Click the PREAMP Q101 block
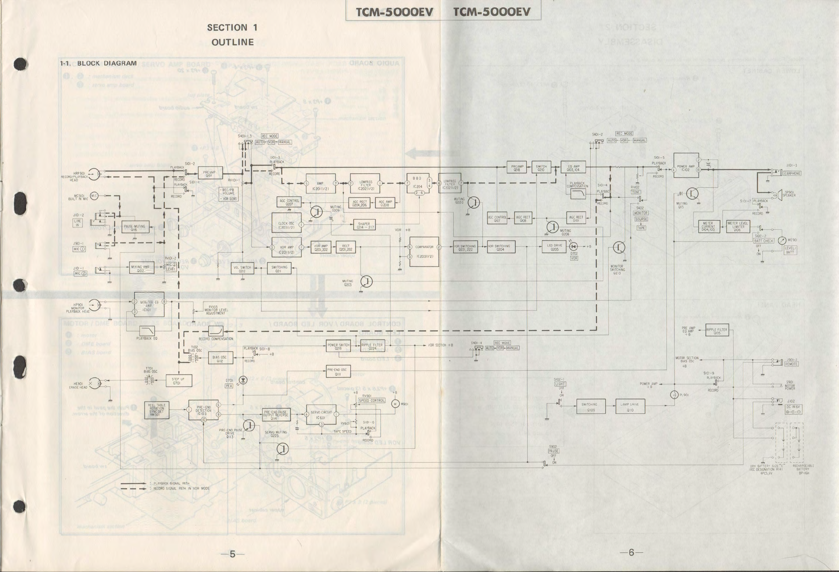tap(209, 174)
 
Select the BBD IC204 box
tap(418, 184)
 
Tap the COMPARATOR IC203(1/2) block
tap(424, 252)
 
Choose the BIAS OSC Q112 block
tap(219, 358)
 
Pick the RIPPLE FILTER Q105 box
tap(716, 331)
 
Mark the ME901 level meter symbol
tap(782, 240)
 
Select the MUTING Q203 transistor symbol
tap(367, 281)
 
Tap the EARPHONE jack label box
tap(792, 173)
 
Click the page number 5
tap(232, 554)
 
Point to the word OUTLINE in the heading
tap(232, 42)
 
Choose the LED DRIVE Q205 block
tap(554, 247)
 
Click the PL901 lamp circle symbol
tap(674, 395)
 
